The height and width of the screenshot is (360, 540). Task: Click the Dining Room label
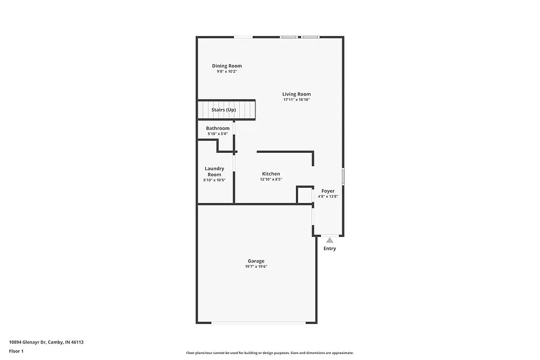pyautogui.click(x=226, y=66)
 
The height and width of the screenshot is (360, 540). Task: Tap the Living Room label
pyautogui.click(x=296, y=94)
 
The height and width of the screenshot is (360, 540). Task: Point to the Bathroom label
pyautogui.click(x=218, y=128)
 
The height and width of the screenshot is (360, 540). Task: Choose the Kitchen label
pyautogui.click(x=271, y=174)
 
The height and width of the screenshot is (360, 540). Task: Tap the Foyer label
pyautogui.click(x=328, y=191)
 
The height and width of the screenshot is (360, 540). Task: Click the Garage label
pyautogui.click(x=256, y=261)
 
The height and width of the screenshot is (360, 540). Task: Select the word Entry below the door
pyautogui.click(x=329, y=249)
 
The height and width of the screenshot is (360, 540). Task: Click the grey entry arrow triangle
pyautogui.click(x=329, y=240)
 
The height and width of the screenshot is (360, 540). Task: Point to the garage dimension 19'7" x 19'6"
pyautogui.click(x=256, y=267)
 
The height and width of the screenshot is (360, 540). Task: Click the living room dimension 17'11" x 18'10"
pyautogui.click(x=296, y=100)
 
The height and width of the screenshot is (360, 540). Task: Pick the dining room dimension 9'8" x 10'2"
pyautogui.click(x=227, y=71)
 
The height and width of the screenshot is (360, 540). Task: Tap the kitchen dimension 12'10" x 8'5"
pyautogui.click(x=271, y=179)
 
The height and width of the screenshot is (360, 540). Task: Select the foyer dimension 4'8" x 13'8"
pyautogui.click(x=328, y=196)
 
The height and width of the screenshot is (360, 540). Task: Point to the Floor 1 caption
pyautogui.click(x=16, y=351)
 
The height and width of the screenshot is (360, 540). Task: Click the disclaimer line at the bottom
pyautogui.click(x=269, y=352)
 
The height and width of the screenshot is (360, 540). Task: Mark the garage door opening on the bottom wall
pyautogui.click(x=257, y=323)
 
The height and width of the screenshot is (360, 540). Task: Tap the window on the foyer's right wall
pyautogui.click(x=343, y=176)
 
